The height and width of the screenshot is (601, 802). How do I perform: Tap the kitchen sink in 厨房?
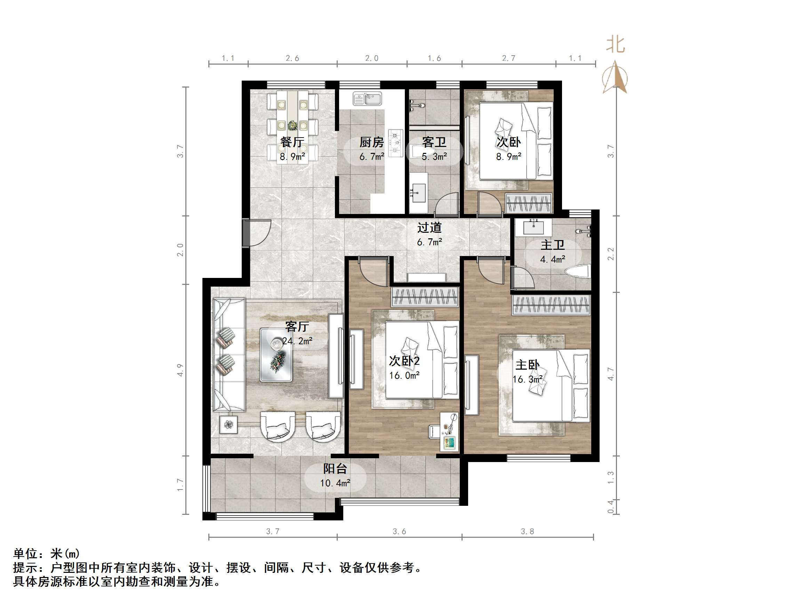click(367, 99)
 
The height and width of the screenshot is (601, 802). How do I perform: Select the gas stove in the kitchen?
click(395, 143)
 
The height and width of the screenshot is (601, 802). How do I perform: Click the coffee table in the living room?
click(276, 355)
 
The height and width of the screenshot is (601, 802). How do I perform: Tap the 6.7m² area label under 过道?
click(429, 242)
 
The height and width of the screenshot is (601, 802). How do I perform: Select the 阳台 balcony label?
click(335, 469)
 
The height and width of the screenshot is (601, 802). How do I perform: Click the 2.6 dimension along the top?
click(292, 58)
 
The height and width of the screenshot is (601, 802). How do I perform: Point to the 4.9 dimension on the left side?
click(180, 370)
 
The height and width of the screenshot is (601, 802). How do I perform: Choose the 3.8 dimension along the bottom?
click(527, 532)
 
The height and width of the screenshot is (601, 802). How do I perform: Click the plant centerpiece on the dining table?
click(292, 126)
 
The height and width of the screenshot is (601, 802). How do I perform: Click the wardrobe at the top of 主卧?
click(551, 304)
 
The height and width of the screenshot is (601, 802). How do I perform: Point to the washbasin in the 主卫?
click(534, 227)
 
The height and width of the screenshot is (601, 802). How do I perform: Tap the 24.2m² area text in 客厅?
click(297, 341)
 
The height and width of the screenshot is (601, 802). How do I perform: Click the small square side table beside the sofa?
click(228, 424)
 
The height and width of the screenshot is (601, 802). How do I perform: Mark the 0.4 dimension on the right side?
click(611, 507)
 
